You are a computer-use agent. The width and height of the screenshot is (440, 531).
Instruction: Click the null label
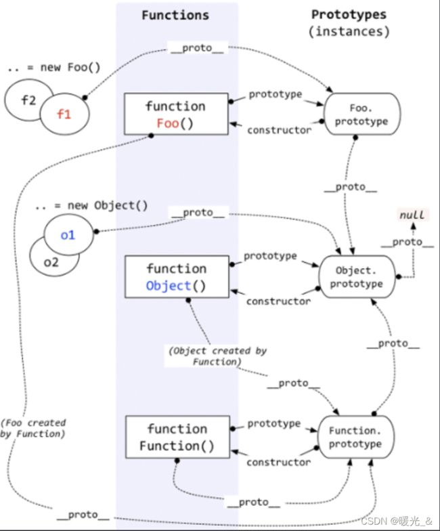click(412, 215)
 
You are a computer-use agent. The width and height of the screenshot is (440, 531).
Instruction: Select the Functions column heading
click(175, 15)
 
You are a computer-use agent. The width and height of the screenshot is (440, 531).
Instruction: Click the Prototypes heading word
click(349, 14)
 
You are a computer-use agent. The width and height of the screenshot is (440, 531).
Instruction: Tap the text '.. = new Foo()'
click(54, 68)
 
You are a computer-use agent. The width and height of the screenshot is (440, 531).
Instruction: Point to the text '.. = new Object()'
click(91, 206)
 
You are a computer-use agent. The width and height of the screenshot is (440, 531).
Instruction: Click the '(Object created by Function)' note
click(217, 356)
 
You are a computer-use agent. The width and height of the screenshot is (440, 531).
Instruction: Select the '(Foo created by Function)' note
click(32, 428)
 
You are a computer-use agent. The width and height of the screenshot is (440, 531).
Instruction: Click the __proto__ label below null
click(408, 242)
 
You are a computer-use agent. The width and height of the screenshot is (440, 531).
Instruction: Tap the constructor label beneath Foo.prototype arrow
click(279, 130)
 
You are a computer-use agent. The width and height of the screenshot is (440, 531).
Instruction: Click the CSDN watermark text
click(397, 521)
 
